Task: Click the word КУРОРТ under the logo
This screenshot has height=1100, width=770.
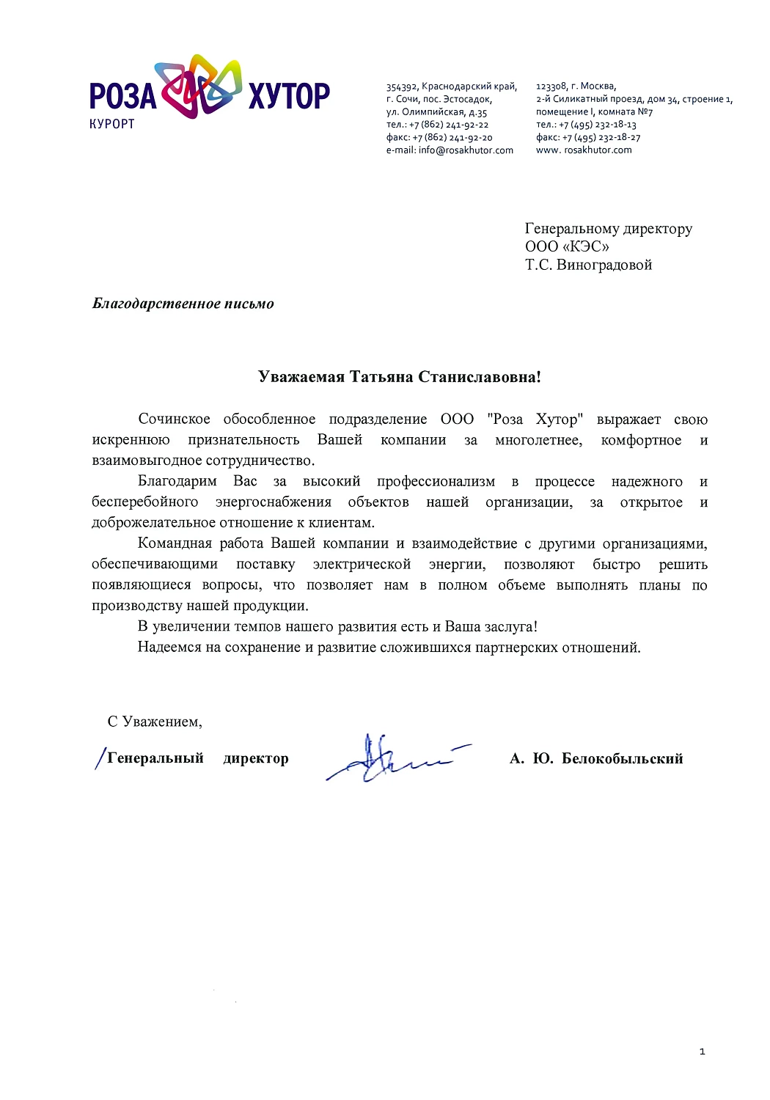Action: (112, 124)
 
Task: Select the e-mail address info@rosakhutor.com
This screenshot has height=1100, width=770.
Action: (466, 150)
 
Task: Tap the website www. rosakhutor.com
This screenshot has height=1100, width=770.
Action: (584, 150)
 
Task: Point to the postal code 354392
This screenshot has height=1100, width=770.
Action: (402, 87)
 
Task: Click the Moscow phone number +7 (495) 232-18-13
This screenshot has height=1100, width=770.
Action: (598, 125)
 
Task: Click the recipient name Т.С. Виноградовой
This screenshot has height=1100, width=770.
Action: (588, 265)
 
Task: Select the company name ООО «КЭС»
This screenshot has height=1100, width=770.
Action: (567, 247)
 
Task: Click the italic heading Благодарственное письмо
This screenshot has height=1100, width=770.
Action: (183, 304)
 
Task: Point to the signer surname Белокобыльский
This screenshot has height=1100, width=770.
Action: (622, 759)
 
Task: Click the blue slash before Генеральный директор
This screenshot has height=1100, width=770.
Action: (100, 758)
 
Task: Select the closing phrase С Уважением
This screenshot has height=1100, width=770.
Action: (155, 722)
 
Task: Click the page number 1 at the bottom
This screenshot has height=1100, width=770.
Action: (702, 1052)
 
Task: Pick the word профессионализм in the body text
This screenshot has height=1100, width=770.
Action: (436, 482)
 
